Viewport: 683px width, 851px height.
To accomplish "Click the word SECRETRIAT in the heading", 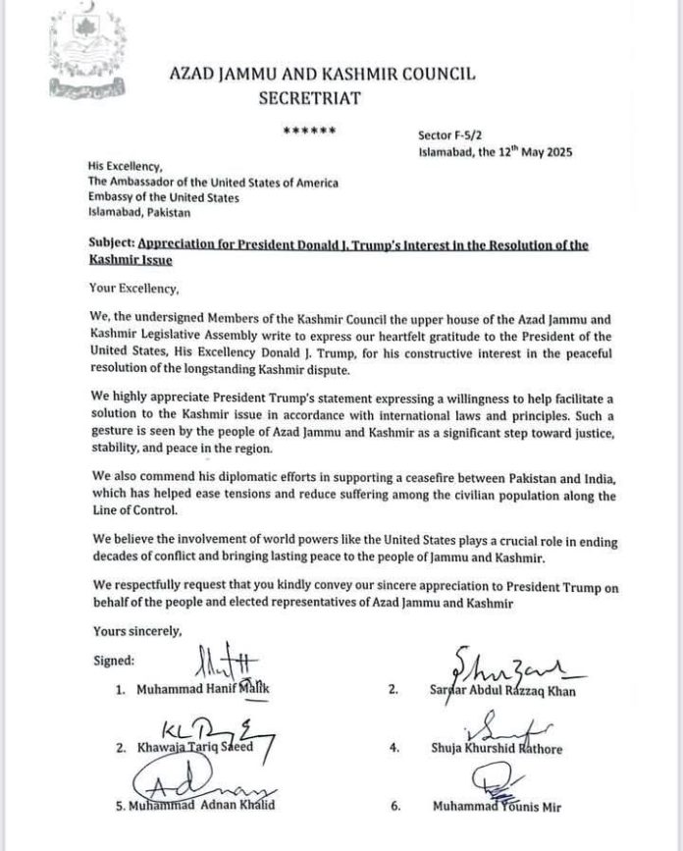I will tap(310, 98).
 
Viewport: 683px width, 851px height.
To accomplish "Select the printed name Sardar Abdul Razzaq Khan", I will tap(513, 691).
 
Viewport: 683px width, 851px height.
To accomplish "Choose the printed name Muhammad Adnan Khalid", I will tap(199, 807).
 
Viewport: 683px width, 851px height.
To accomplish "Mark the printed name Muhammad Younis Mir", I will tap(498, 807).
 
